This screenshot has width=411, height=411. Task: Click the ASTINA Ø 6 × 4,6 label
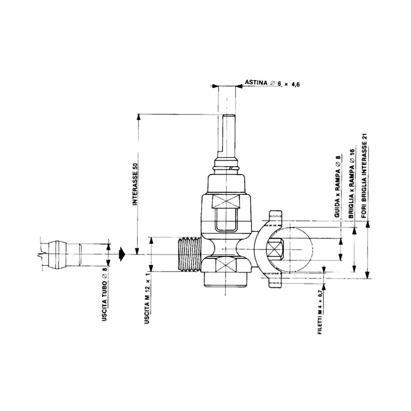(272, 83)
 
